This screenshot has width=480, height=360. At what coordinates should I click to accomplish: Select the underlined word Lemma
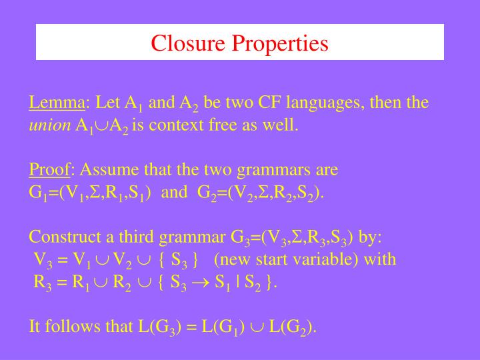tap(57, 103)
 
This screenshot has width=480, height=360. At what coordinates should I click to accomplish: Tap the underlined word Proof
tap(49, 170)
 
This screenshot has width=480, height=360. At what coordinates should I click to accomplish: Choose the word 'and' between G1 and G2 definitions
tap(175, 193)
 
